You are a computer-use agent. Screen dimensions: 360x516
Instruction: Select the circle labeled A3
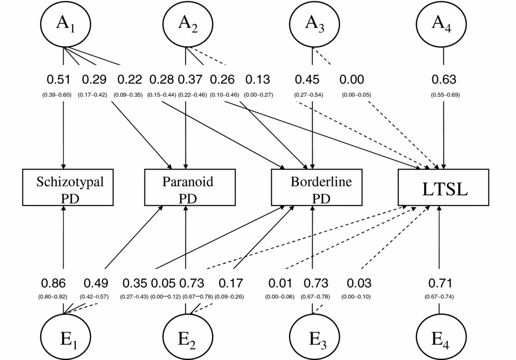pos(313,24)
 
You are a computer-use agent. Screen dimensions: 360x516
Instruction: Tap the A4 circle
pos(439,24)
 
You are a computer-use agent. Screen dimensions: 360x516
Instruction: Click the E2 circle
pos(186,337)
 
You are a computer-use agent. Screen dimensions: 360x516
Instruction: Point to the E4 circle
pos(439,337)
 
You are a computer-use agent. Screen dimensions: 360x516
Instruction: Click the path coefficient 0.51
pos(58,80)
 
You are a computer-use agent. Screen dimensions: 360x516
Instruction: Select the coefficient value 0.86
pos(53,284)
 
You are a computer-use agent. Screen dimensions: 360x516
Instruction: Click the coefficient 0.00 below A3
pos(352,80)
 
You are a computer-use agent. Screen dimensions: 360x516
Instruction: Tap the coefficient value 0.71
pos(440,284)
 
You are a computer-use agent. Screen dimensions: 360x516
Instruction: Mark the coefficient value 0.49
pos(96,284)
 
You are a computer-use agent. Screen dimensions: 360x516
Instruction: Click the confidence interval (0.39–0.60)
pos(57,95)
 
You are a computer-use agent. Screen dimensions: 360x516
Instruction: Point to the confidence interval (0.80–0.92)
pos(53,297)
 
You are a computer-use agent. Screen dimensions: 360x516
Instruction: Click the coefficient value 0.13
pos(257,80)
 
